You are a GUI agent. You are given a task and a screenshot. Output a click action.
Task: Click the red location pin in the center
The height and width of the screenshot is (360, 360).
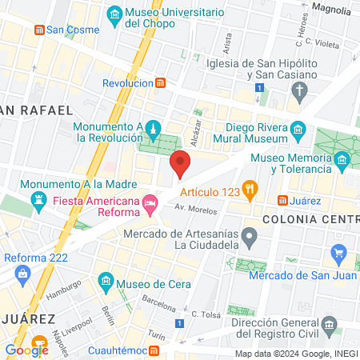(x=181, y=162)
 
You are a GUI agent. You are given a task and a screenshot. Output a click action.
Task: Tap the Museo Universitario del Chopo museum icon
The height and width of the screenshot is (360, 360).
(x=114, y=14)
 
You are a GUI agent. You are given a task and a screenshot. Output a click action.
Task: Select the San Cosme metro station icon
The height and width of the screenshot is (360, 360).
(x=38, y=30)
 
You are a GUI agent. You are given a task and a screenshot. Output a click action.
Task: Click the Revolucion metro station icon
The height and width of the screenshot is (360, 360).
(x=161, y=82)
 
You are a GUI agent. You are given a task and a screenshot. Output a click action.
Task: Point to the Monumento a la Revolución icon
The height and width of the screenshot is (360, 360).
(x=154, y=128)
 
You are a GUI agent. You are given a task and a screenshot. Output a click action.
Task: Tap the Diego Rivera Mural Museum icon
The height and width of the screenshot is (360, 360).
(x=298, y=129)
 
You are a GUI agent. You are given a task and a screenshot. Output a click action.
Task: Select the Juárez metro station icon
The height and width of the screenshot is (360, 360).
(x=282, y=200)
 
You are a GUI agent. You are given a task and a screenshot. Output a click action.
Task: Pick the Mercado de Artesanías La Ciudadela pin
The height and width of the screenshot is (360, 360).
(x=250, y=236)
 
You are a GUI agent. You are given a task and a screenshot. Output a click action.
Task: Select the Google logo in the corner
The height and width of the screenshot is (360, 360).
(x=26, y=349)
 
